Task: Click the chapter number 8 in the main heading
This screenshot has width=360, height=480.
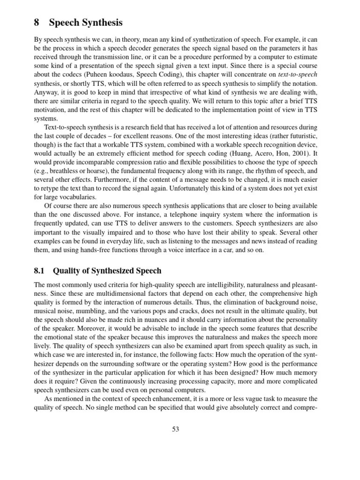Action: (x=37, y=22)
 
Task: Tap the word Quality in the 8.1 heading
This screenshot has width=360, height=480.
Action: (x=68, y=270)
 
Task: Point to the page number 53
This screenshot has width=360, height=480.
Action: (x=176, y=428)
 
